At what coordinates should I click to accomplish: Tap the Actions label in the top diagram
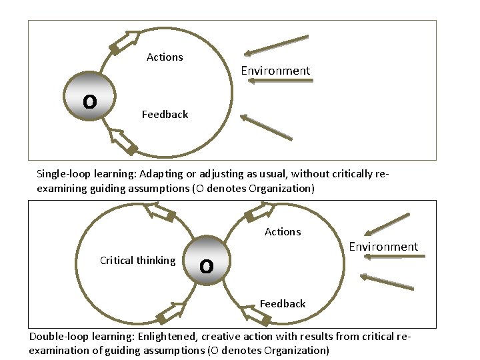[165, 57]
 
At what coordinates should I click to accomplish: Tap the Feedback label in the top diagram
[165, 115]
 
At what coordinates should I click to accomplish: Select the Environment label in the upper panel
[275, 71]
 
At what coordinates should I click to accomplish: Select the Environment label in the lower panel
[383, 247]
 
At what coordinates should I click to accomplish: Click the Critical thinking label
[137, 261]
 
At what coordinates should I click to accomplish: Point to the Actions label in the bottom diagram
[283, 232]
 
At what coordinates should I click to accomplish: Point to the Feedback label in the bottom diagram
[283, 304]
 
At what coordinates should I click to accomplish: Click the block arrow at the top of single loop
[125, 41]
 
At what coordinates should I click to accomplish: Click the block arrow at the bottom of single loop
[123, 143]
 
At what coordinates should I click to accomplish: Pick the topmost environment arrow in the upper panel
[276, 45]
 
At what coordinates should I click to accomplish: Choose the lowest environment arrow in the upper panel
[266, 127]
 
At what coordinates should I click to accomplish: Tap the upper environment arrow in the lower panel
[387, 225]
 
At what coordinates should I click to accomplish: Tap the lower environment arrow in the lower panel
[387, 281]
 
